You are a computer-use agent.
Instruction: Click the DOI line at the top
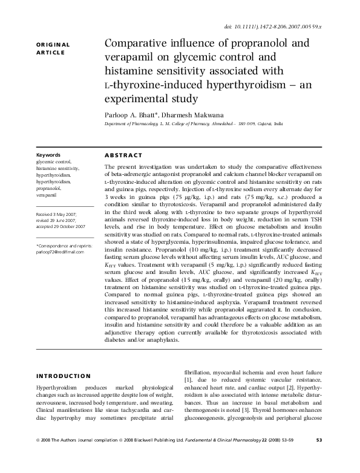click(x=290, y=28)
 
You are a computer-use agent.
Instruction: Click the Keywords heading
click(x=48, y=155)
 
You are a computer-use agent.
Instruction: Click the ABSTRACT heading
click(x=124, y=155)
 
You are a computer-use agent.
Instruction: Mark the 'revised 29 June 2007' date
click(x=56, y=221)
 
